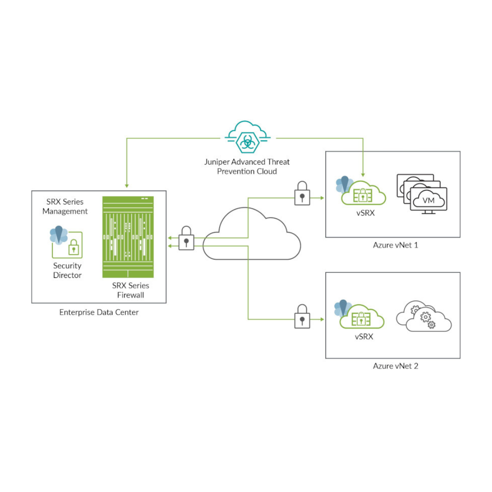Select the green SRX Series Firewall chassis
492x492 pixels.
[x=128, y=237]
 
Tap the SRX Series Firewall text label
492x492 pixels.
[x=130, y=290]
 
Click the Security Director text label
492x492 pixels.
[x=67, y=270]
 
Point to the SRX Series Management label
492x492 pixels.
[x=68, y=206]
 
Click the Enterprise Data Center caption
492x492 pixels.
[x=99, y=313]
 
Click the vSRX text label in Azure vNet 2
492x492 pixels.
[x=364, y=337]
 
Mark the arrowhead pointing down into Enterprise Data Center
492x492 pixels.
[x=126, y=185]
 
